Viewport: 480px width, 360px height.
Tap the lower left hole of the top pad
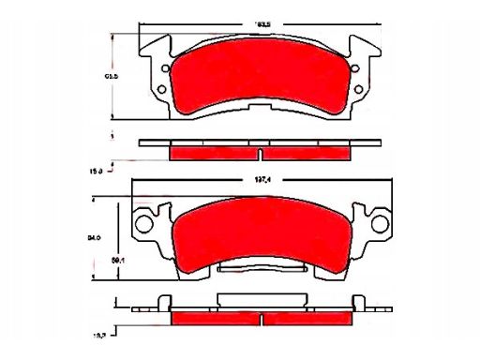(161, 90)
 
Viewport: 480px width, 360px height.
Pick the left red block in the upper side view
(214, 153)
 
